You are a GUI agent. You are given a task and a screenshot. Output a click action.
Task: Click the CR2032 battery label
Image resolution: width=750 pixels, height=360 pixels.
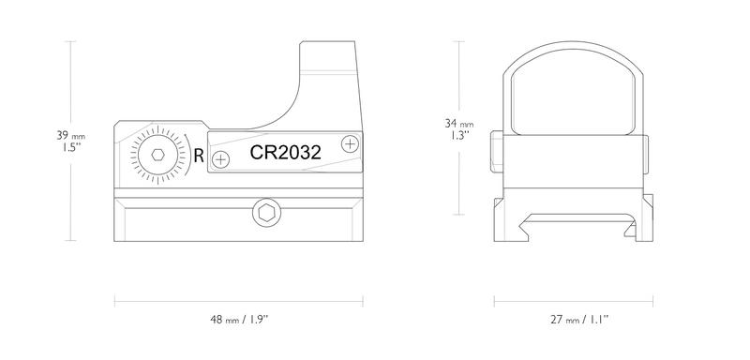click(x=285, y=153)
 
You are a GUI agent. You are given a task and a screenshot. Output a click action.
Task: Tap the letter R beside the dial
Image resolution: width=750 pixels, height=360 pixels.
click(x=199, y=156)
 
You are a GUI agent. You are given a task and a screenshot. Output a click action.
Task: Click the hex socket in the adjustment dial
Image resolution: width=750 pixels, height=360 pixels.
click(x=157, y=155)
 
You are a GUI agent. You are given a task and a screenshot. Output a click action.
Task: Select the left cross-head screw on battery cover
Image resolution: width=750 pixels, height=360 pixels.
click(x=220, y=159)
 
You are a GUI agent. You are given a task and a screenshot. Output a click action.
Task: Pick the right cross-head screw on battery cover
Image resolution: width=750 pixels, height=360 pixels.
click(x=350, y=143)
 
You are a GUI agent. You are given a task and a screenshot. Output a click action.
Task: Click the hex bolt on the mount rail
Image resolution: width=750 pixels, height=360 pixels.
click(x=266, y=213)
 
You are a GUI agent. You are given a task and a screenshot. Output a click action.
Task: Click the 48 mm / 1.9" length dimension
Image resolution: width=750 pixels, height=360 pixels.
click(x=239, y=320)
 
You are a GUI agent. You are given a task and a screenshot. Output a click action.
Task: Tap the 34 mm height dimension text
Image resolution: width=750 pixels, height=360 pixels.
click(x=459, y=124)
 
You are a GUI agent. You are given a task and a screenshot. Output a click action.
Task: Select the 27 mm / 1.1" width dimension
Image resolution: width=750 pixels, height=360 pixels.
click(x=578, y=320)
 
